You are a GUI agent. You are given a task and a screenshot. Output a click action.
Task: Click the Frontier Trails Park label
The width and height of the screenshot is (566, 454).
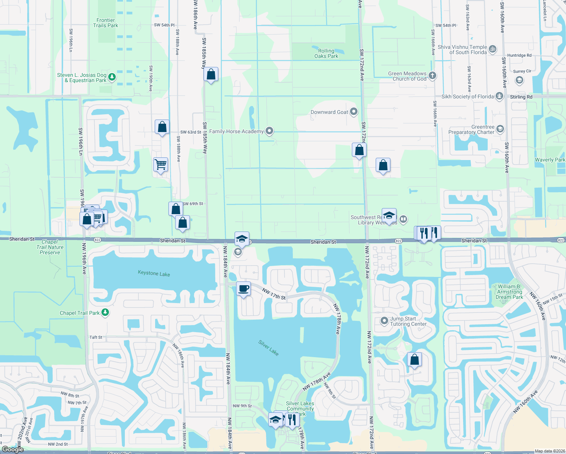point(106,23)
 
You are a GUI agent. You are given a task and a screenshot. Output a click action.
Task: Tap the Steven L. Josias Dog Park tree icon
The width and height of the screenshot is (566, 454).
point(112,78)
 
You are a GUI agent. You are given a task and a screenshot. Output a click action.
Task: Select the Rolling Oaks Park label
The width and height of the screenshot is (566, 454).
point(326,53)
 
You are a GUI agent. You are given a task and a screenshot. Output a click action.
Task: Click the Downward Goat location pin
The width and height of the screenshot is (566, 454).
point(354,112)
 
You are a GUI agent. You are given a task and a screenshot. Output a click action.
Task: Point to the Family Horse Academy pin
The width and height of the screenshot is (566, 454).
point(269,131)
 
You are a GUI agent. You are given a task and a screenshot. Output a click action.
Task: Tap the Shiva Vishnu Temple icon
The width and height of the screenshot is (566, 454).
point(493,49)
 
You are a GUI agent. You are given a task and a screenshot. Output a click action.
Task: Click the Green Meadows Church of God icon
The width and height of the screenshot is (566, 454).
point(432,75)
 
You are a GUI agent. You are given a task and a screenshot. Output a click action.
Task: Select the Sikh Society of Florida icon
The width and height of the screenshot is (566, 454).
point(499,96)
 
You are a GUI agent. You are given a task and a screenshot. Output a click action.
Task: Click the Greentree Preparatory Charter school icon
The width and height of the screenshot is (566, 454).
point(500,129)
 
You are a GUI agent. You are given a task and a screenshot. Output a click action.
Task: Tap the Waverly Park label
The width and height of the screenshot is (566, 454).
point(550,160)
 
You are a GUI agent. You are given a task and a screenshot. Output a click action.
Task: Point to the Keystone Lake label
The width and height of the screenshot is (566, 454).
point(154,273)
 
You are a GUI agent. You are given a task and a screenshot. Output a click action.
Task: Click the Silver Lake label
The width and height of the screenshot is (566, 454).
point(269,348)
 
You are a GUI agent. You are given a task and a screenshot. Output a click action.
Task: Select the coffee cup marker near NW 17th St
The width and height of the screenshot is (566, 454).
point(244,289)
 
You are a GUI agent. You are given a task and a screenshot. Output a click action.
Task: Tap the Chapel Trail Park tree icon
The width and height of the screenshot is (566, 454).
point(106,313)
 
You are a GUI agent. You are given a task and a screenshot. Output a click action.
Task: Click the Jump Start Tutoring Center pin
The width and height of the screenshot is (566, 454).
point(384,321)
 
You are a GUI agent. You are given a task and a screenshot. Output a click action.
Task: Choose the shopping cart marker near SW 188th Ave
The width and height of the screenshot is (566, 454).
point(161,165)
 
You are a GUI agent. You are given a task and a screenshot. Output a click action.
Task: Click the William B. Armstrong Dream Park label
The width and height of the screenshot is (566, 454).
point(509,292)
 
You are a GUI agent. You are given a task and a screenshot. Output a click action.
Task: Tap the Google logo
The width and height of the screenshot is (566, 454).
point(12,449)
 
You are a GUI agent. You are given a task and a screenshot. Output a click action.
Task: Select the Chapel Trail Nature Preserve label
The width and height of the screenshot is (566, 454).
point(50,247)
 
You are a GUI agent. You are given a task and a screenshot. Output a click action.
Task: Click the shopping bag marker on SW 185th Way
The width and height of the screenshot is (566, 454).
point(211,75)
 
